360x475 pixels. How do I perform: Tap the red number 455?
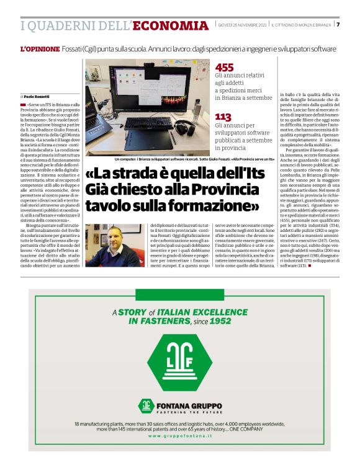pyautogui.click(x=224, y=67)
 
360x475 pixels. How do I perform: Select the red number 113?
pyautogui.click(x=223, y=117)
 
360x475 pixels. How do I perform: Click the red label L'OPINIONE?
pyautogui.click(x=40, y=48)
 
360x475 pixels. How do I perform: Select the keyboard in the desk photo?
pyautogui.click(x=140, y=122)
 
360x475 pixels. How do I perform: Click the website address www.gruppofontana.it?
pyautogui.click(x=179, y=436)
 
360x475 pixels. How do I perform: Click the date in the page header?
pyautogui.click(x=242, y=25)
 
